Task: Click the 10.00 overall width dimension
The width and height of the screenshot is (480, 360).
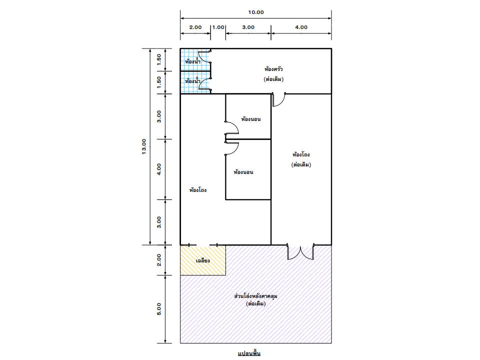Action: [255, 12]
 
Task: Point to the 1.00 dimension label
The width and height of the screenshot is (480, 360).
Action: [218, 27]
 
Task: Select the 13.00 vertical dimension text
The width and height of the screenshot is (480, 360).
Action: [144, 146]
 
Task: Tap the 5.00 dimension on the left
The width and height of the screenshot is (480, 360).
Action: [159, 309]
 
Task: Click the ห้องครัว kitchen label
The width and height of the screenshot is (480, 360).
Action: [273, 69]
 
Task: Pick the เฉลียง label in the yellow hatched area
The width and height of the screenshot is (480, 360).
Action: [202, 260]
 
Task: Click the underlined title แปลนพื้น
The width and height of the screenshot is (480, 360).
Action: [249, 353]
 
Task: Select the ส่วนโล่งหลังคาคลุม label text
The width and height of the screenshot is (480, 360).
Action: [255, 296]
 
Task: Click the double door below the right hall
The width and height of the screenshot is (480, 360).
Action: [300, 252]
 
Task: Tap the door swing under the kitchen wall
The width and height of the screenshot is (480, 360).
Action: [279, 99]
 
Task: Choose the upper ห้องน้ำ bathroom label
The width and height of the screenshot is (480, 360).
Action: [192, 61]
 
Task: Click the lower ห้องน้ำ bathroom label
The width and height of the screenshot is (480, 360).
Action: [192, 81]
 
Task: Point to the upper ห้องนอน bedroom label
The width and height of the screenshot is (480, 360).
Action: [250, 119]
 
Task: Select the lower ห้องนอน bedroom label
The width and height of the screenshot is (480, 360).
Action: [243, 172]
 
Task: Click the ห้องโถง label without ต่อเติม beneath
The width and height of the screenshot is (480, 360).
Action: [198, 190]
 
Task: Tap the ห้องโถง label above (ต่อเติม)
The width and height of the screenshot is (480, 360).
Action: [301, 154]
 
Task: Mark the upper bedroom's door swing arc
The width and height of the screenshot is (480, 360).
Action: [235, 125]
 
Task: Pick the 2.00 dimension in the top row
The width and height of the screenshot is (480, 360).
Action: [195, 27]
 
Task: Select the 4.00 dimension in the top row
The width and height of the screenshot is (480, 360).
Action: [301, 27]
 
